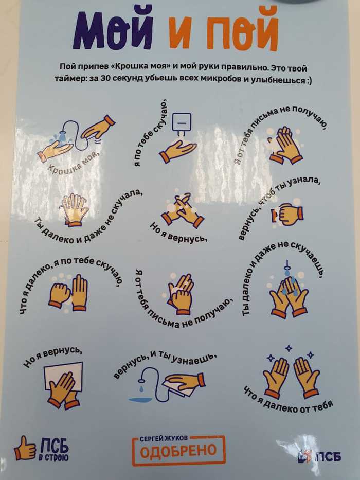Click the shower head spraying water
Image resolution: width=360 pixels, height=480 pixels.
pyautogui.click(x=62, y=137)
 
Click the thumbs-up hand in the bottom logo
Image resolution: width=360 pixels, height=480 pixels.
pyautogui.click(x=25, y=449)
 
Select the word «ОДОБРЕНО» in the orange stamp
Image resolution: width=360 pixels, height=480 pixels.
pyautogui.click(x=178, y=451)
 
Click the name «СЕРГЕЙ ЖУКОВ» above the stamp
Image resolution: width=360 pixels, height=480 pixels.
pyautogui.click(x=164, y=439)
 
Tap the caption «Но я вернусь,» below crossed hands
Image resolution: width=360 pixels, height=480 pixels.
pyautogui.click(x=178, y=233)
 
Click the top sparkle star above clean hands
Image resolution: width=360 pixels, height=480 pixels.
pyautogui.click(x=289, y=348)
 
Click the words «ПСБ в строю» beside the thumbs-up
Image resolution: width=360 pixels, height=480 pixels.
pyautogui.click(x=55, y=449)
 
